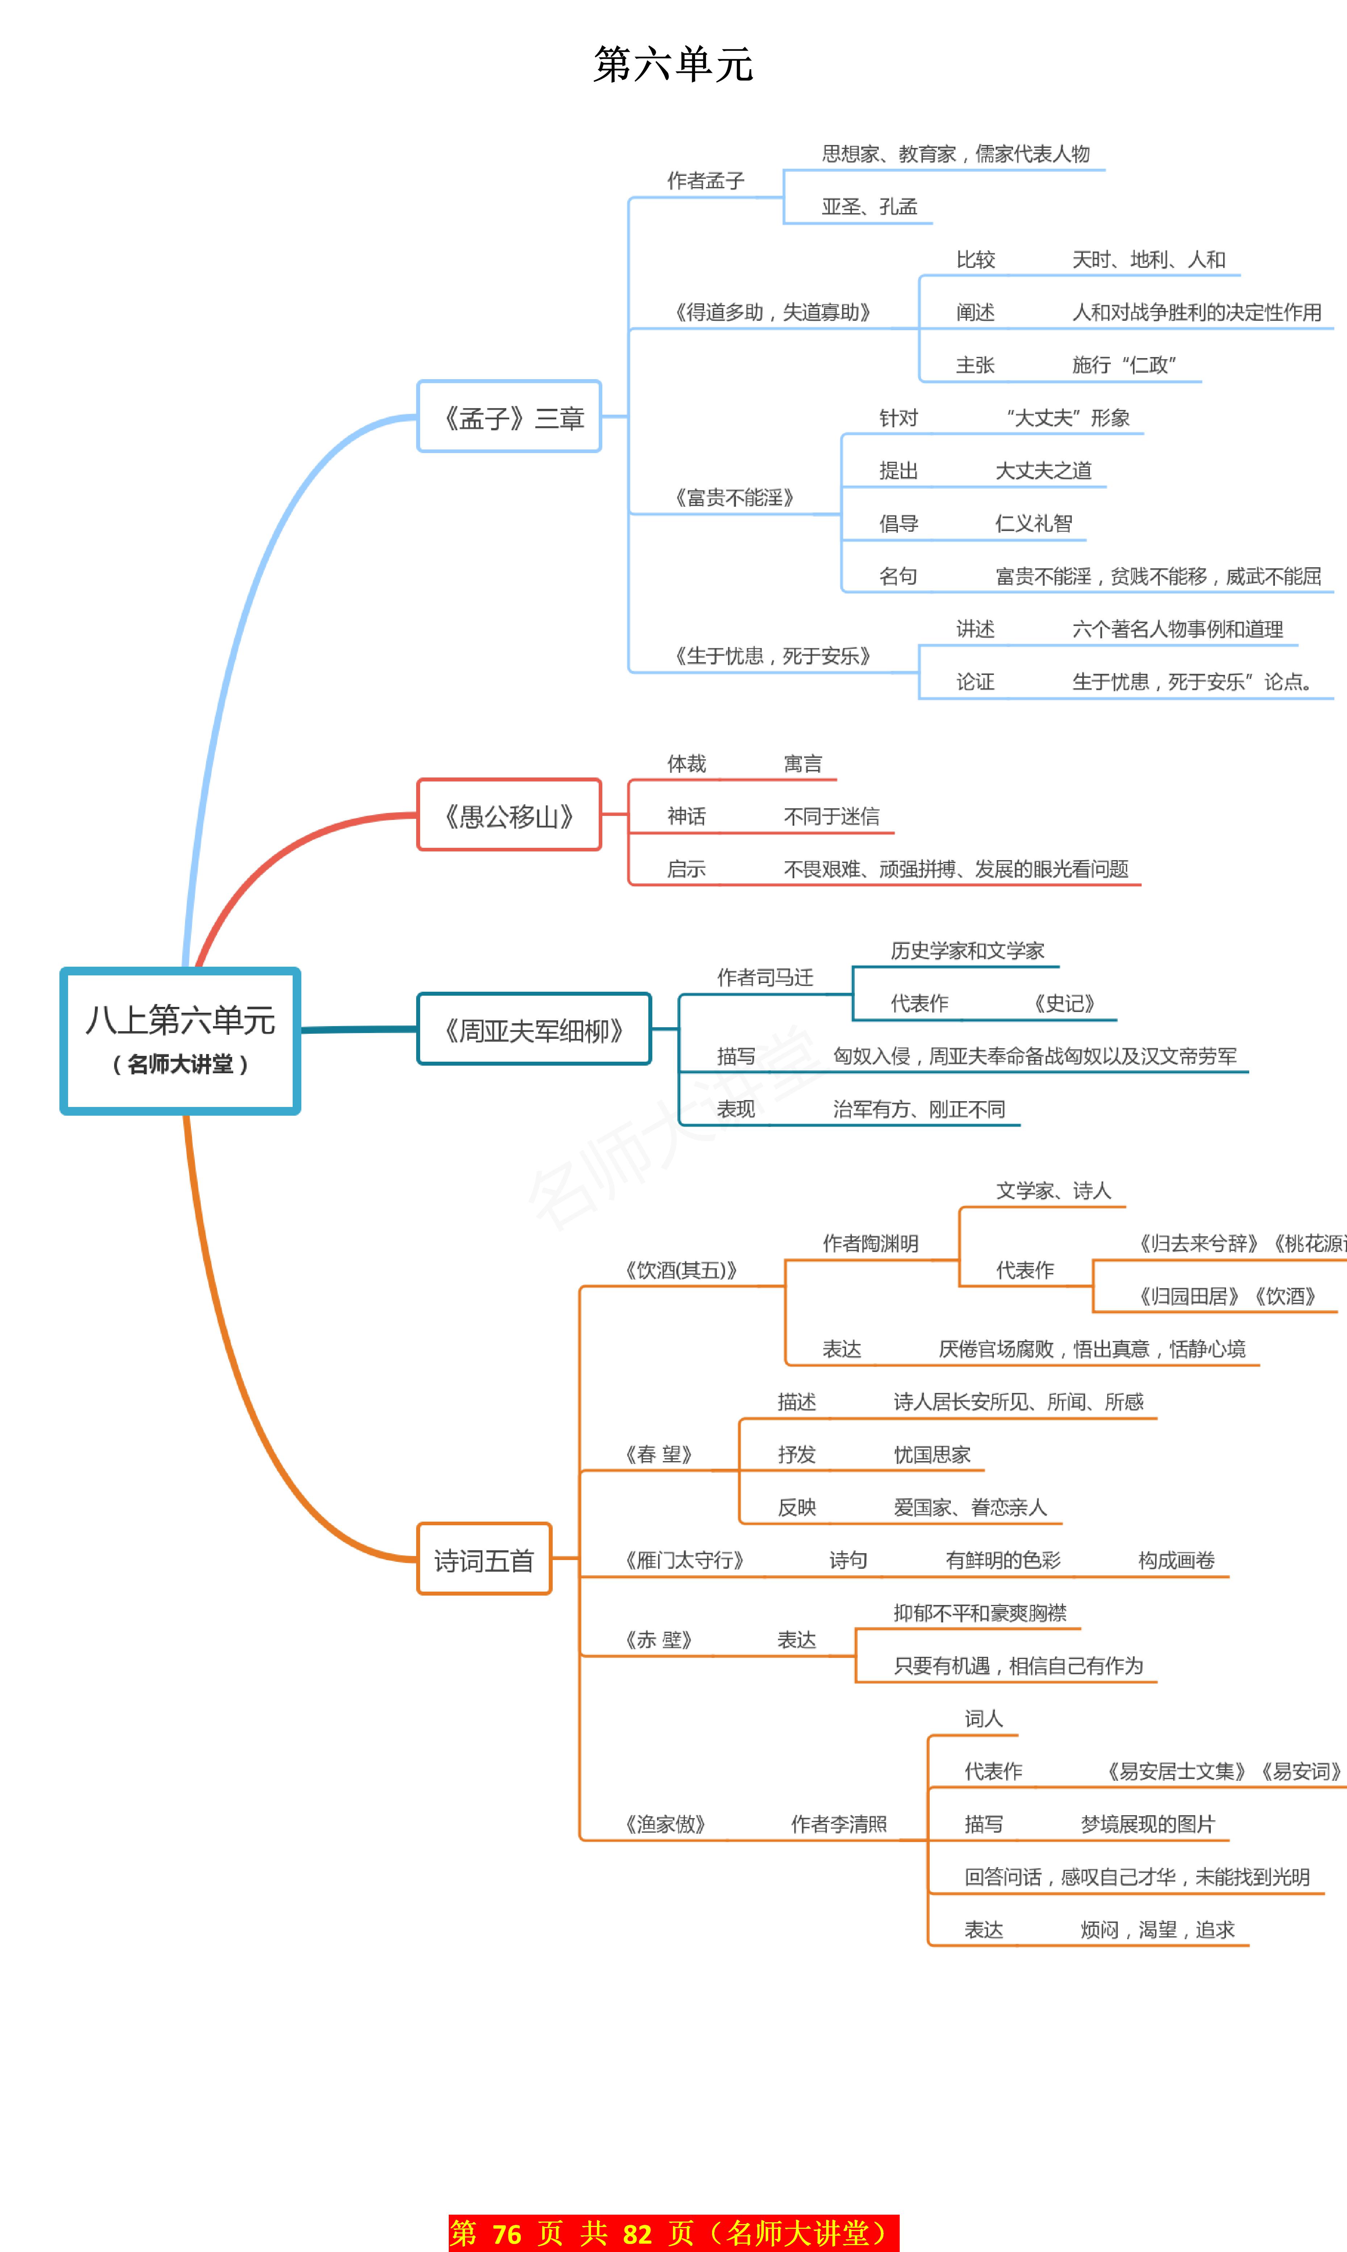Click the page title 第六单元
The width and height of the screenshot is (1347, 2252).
673,65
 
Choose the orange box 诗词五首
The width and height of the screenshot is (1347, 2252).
484,1559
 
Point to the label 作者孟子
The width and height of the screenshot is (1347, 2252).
705,181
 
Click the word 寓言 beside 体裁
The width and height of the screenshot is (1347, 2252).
802,764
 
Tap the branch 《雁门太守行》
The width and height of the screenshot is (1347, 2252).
685,1560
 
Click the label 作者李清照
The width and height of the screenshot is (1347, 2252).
839,1824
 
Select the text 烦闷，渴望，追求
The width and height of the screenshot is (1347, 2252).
1157,1930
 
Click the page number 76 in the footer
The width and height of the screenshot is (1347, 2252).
506,2233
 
